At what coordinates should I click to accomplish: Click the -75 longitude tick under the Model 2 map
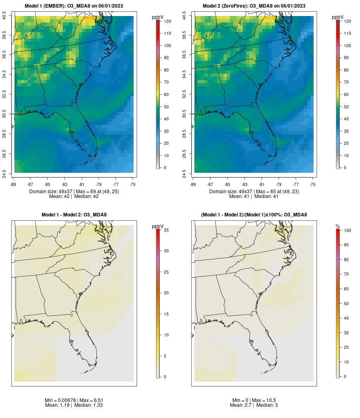pyautogui.click(x=312, y=184)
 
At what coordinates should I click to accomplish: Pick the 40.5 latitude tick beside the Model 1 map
pyautogui.click(x=4, y=16)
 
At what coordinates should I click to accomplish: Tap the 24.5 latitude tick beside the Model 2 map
pyautogui.click(x=184, y=173)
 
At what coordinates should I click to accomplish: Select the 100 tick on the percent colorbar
pyautogui.click(x=347, y=230)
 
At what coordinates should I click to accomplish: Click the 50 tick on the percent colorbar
pyautogui.click(x=346, y=304)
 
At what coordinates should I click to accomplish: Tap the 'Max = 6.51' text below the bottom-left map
pyautogui.click(x=87, y=400)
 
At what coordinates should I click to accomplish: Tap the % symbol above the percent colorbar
pyautogui.click(x=338, y=226)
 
